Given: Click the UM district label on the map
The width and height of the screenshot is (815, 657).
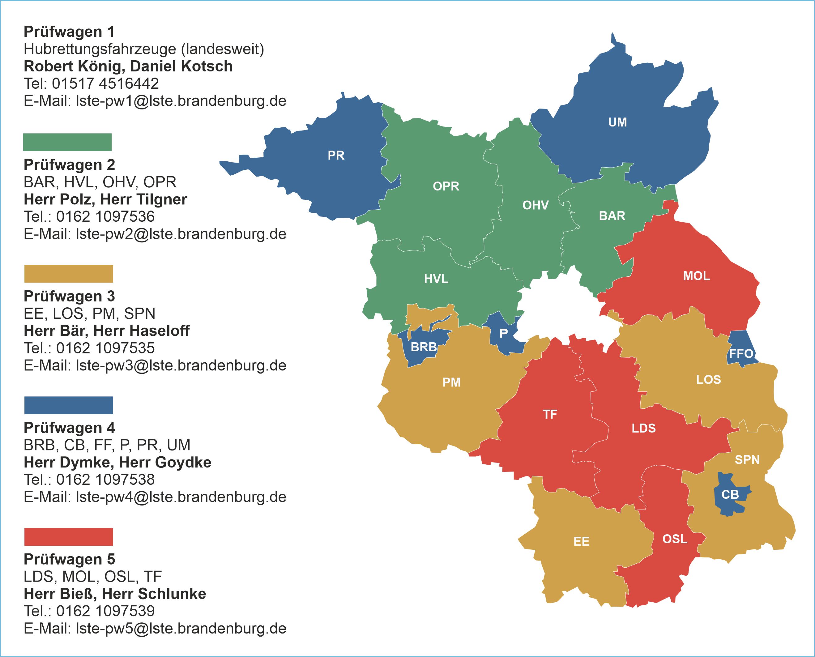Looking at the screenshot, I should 617,122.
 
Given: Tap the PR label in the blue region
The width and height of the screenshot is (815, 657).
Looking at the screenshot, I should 336,156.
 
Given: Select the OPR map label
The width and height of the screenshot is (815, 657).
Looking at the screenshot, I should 446,186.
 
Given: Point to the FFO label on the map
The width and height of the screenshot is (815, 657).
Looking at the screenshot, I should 741,354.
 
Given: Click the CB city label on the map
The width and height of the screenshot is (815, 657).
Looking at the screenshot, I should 730,494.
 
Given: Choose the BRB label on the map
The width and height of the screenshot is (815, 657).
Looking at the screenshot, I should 424,347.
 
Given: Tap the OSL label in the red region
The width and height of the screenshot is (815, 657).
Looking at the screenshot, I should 675,539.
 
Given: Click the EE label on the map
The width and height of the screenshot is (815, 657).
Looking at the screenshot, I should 581,542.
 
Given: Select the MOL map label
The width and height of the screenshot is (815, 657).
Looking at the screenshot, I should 696,276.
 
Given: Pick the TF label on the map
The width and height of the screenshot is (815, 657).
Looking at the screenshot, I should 550,414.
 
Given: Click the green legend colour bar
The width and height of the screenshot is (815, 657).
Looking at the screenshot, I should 67,142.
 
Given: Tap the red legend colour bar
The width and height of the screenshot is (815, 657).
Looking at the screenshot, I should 69,537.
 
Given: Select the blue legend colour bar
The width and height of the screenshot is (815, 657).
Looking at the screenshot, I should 69,405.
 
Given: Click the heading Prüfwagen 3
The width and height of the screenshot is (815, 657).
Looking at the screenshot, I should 69,296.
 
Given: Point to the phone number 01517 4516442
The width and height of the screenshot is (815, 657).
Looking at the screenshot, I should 105,84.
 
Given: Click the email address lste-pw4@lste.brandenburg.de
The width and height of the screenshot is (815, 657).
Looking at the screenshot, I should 181,497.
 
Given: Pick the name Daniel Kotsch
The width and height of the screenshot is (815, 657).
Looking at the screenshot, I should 181,66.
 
